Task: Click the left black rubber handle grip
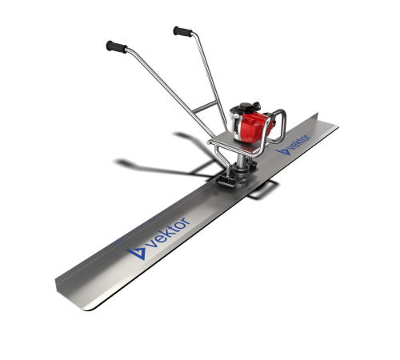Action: tap(117, 47)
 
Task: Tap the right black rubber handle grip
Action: tap(182, 31)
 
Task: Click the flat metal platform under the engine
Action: tap(234, 146)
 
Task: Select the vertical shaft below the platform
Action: tap(242, 162)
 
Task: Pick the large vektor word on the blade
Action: tap(170, 232)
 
